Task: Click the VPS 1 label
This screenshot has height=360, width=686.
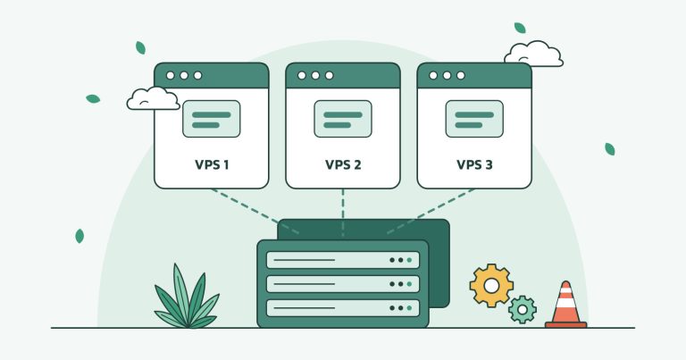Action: pos(212,165)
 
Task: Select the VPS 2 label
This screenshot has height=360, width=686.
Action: pos(343,165)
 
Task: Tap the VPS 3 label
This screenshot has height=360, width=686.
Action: pos(474,165)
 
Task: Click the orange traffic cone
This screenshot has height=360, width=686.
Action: pos(565,305)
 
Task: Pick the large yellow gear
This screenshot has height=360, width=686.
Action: pos(491,286)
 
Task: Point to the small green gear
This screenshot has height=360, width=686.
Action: pos(523,310)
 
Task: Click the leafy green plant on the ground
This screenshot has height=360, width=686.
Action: pos(187,297)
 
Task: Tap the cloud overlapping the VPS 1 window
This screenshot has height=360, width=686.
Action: pos(153,98)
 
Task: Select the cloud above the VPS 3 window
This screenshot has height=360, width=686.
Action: pos(534,54)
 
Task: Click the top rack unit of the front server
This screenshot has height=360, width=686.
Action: pos(343,260)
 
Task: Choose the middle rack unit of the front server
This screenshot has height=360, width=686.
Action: pos(343,284)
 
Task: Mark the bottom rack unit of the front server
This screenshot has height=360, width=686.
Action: pos(343,308)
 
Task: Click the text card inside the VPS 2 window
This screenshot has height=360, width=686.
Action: pos(343,119)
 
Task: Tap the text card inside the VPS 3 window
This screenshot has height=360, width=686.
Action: pos(474,119)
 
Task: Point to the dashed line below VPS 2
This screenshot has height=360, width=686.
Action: pos(343,213)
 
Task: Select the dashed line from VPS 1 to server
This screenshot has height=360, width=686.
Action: pos(255,212)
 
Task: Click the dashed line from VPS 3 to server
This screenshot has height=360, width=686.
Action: pos(431,212)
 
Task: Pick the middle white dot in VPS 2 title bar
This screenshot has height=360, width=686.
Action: pos(315,75)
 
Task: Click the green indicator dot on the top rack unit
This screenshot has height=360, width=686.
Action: pos(409,260)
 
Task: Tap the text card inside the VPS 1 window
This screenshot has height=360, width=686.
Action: pos(212,119)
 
